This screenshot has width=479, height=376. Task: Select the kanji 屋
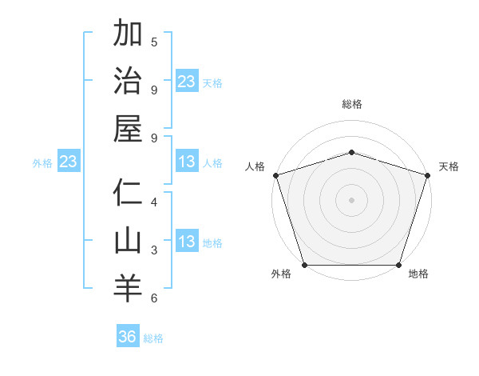click(x=127, y=128)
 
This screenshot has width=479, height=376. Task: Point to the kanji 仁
click(x=127, y=193)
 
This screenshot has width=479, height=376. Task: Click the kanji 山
click(x=127, y=241)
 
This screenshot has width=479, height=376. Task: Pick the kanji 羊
click(x=127, y=288)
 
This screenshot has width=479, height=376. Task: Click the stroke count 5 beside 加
click(x=154, y=42)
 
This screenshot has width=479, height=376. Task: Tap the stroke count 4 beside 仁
click(x=154, y=202)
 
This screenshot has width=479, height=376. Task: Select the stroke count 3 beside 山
click(x=154, y=250)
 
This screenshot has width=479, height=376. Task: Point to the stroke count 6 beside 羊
click(x=154, y=298)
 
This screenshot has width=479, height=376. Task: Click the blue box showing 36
click(x=128, y=337)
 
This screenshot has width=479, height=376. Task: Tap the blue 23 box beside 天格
click(x=187, y=82)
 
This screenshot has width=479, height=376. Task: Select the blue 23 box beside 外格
click(x=68, y=162)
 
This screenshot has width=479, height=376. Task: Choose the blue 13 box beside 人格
click(x=187, y=162)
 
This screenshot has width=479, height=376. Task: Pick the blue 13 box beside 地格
click(x=187, y=242)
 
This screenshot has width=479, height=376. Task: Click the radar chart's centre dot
click(x=351, y=199)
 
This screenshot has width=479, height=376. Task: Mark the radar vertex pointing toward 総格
click(x=351, y=152)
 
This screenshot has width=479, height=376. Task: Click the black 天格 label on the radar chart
click(x=449, y=166)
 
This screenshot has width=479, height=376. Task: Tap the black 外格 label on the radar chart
click(x=281, y=274)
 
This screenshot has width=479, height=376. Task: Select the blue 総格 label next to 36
click(x=153, y=338)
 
